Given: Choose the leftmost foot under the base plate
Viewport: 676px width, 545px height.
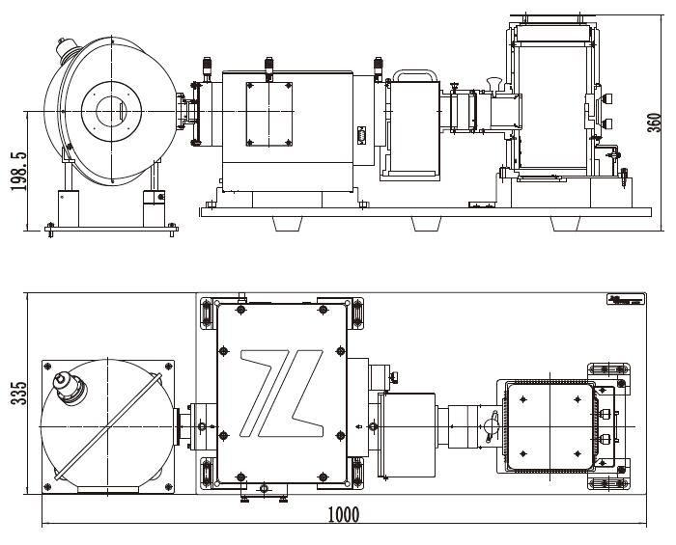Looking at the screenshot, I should (x=290, y=221).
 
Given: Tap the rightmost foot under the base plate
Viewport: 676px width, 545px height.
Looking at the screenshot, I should (x=566, y=221).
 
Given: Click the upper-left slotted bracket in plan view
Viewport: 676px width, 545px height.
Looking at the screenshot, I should (x=207, y=314).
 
